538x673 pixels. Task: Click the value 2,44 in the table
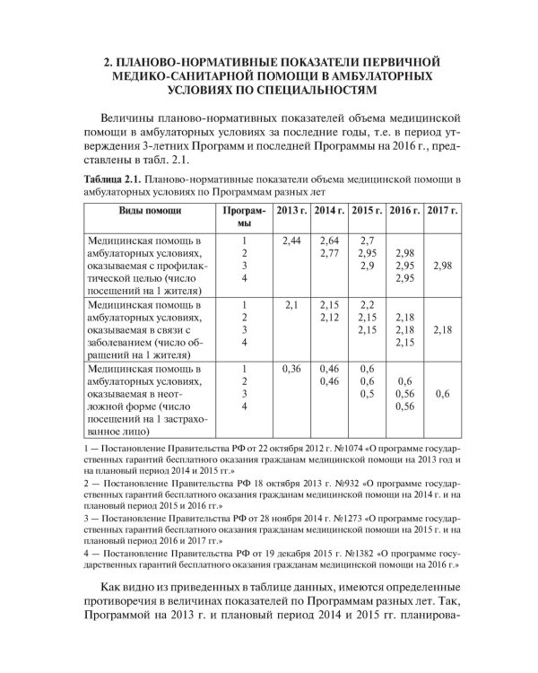pyautogui.click(x=291, y=241)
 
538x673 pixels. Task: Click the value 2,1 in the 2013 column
pyautogui.click(x=291, y=306)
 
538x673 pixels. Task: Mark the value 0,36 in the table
pyautogui.click(x=291, y=369)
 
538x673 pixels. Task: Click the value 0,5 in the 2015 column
pyautogui.click(x=367, y=394)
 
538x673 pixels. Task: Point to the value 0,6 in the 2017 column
pyautogui.click(x=442, y=394)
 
